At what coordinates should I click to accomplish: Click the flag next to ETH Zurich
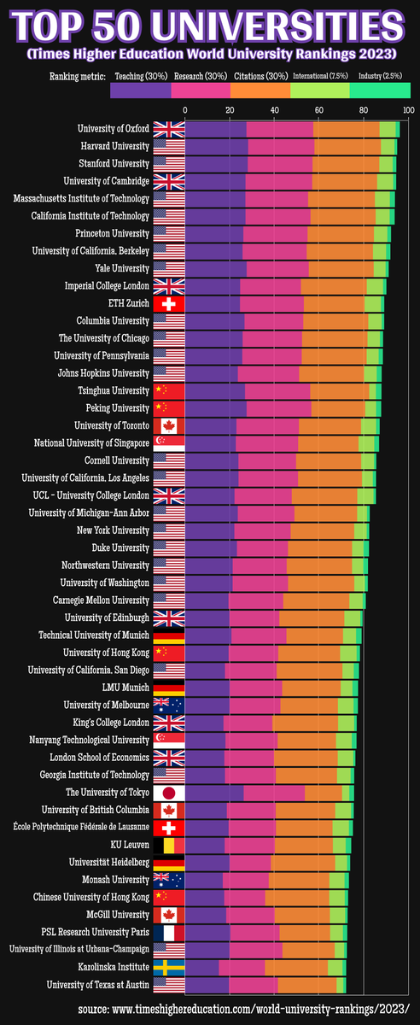point(168,304)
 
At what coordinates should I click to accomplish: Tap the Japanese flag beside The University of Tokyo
point(168,793)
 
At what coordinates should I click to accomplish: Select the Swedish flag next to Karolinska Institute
point(168,967)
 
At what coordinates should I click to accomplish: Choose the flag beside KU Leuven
point(168,845)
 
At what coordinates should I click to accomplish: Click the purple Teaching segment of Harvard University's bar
point(216,147)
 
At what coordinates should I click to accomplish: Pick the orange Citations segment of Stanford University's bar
point(346,164)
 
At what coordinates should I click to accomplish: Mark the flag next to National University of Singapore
point(168,443)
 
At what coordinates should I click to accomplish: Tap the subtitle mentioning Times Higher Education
point(210,53)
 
